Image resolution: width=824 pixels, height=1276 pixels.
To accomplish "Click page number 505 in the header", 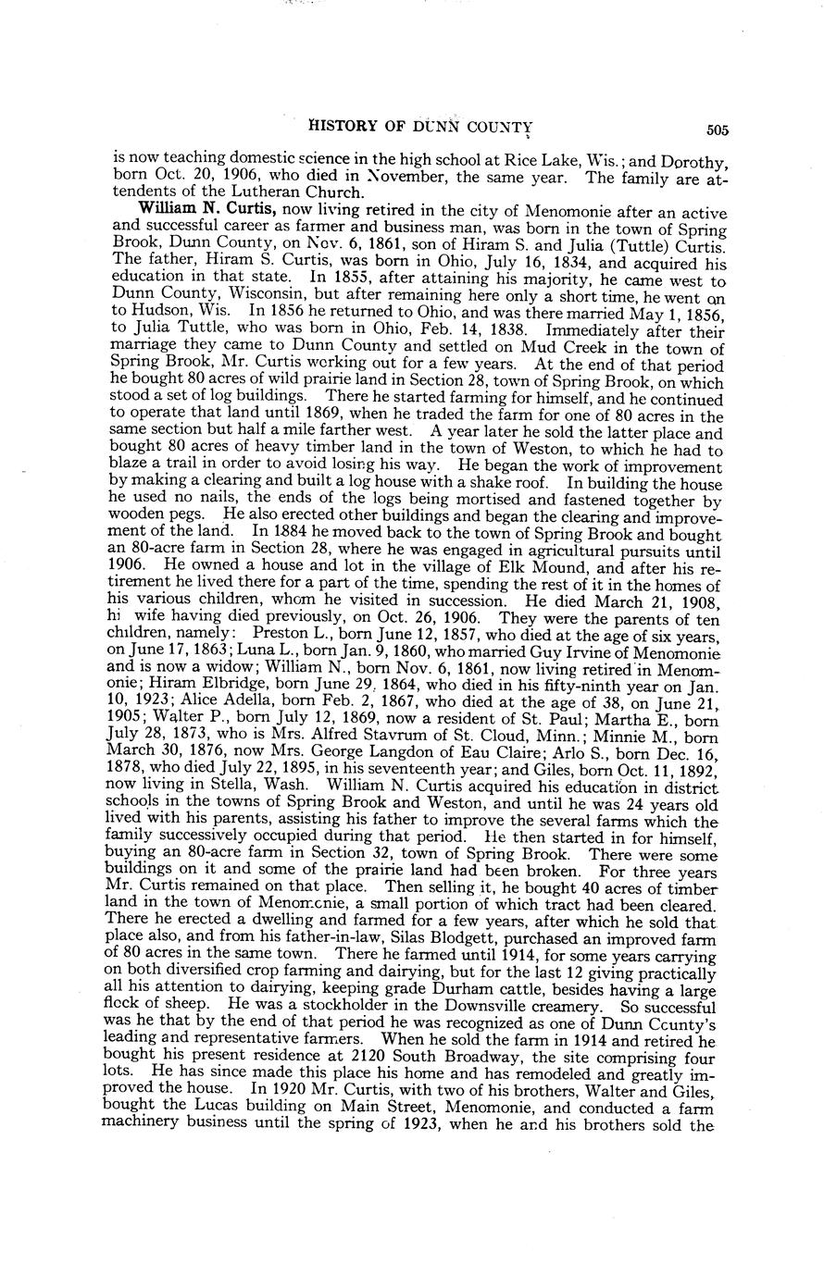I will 717,130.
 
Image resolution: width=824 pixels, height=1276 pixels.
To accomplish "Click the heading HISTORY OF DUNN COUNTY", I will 419,128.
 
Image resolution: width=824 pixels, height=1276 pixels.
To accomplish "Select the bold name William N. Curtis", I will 206,210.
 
